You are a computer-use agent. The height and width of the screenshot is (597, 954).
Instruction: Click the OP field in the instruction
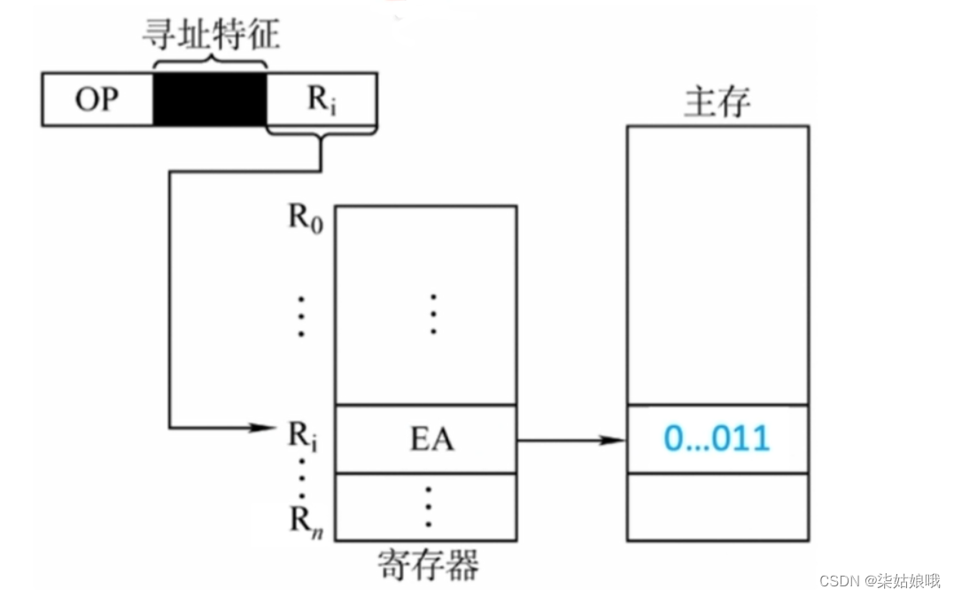click(97, 99)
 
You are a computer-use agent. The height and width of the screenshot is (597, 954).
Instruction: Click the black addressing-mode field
click(209, 99)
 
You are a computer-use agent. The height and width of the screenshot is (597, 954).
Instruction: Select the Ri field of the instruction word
click(322, 99)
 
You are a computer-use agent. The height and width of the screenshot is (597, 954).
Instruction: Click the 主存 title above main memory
click(717, 103)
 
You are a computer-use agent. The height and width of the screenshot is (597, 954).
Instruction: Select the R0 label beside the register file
click(303, 218)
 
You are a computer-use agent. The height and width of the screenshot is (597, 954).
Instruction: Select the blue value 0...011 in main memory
click(717, 438)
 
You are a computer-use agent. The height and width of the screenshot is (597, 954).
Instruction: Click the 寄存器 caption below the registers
click(427, 563)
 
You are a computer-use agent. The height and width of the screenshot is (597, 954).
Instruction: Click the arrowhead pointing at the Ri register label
click(265, 428)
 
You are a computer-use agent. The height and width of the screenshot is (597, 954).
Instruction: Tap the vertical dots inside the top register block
click(432, 314)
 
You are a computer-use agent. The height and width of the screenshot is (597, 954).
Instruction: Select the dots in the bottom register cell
click(428, 507)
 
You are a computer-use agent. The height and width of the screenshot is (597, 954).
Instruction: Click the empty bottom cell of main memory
click(717, 507)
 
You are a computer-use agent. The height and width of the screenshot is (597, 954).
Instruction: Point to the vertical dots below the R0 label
click(301, 316)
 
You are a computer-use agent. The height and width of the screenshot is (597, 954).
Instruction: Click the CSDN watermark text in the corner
click(879, 581)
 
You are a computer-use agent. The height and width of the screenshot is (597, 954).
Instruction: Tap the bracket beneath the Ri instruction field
click(322, 136)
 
